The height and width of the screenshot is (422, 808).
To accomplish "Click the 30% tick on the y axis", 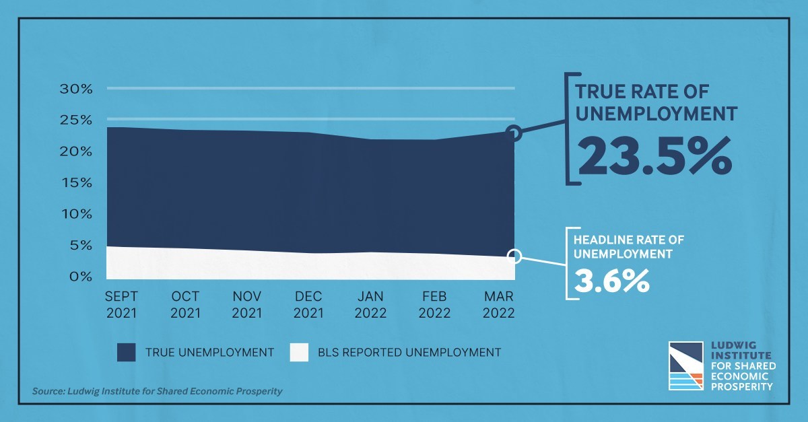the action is [76, 89].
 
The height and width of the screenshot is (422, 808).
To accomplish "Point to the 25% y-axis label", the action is [76, 120].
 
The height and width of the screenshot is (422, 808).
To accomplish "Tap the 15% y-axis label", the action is [77, 182].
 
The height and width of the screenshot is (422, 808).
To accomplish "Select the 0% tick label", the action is [81, 277].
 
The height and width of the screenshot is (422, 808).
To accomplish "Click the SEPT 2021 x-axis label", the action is [122, 305].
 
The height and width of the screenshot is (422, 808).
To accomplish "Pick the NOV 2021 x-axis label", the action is [247, 305].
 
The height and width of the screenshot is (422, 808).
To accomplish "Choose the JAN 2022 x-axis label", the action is [370, 305].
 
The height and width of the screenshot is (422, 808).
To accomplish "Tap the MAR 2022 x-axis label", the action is [498, 305].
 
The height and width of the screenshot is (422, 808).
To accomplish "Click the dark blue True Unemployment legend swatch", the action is [127, 353].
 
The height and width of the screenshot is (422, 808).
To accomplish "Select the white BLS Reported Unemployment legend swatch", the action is [299, 353].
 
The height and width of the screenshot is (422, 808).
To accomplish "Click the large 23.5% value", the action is [654, 157].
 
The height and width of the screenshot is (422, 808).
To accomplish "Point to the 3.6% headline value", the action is [611, 281].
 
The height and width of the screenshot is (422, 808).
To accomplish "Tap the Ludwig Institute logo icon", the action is [685, 365].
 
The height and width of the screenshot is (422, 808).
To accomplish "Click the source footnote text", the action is [158, 391].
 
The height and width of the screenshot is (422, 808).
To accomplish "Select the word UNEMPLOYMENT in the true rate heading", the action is [656, 114].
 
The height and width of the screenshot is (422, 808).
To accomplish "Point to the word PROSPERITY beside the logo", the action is [742, 387].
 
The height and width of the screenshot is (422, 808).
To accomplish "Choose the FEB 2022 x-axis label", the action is [435, 305].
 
